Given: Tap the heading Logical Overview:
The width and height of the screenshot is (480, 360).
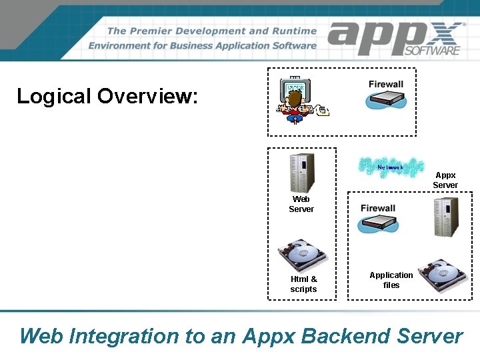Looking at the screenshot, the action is [x=107, y=96].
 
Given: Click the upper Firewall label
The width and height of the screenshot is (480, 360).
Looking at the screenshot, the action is [x=386, y=84].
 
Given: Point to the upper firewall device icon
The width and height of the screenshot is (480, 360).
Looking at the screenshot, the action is [x=386, y=99].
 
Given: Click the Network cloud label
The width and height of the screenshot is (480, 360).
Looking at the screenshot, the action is [x=390, y=167].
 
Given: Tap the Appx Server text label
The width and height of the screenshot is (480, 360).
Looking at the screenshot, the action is [x=445, y=180].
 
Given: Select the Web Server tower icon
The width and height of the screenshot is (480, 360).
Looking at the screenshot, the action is [x=301, y=173].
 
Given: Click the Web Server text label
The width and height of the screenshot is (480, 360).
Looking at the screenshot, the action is [x=301, y=204].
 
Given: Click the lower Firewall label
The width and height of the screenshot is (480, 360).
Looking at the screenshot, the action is [x=378, y=208].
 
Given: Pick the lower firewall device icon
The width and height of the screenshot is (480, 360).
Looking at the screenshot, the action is [x=378, y=225].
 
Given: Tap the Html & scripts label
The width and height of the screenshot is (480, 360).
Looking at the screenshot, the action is [x=304, y=284].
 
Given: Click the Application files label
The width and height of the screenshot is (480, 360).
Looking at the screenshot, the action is [x=391, y=280].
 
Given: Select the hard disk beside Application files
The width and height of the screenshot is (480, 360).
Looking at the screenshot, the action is [x=445, y=274].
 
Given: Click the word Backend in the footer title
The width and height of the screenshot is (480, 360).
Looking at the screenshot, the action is [x=347, y=336].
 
